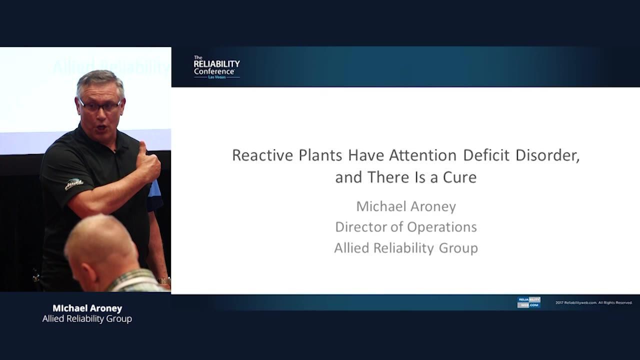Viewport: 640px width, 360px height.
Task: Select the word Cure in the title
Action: click(x=459, y=177)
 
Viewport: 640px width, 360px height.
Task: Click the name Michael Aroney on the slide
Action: click(x=406, y=206)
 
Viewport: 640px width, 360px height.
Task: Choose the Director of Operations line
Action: click(x=406, y=227)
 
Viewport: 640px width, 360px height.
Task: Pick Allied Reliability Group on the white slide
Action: click(x=406, y=248)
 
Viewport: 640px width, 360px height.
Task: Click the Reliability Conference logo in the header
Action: click(x=216, y=67)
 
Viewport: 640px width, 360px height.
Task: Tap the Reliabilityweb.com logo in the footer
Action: click(x=528, y=302)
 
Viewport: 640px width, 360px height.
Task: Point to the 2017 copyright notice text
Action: click(x=594, y=302)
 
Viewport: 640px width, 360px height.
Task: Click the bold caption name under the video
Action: click(x=87, y=308)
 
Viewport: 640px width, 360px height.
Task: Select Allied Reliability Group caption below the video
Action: click(x=87, y=319)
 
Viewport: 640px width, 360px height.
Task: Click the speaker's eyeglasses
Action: click(x=99, y=105)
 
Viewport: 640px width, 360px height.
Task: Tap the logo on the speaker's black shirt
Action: click(x=73, y=184)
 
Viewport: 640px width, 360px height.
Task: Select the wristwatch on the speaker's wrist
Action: click(x=164, y=280)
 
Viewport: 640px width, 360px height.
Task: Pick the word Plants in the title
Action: click(x=320, y=155)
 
